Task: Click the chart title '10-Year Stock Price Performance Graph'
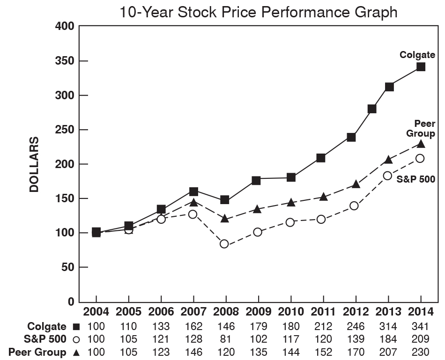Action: (258, 12)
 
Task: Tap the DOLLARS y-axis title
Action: (34, 164)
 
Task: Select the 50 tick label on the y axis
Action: (68, 267)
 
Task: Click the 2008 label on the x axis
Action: (226, 312)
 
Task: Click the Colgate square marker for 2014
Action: (421, 67)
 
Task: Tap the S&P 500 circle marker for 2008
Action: (224, 244)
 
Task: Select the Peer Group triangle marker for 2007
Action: (193, 202)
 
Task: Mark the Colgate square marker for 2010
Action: (291, 177)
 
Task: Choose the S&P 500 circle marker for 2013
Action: (387, 176)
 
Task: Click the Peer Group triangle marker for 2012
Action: (356, 184)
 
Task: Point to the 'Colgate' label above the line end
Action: (417, 55)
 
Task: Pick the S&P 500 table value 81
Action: (226, 339)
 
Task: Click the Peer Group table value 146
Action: (193, 353)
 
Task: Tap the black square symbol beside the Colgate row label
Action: (76, 326)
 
